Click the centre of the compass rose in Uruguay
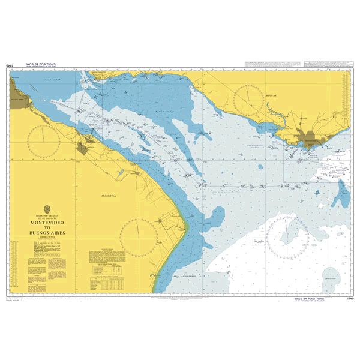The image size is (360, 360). (250, 101)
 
